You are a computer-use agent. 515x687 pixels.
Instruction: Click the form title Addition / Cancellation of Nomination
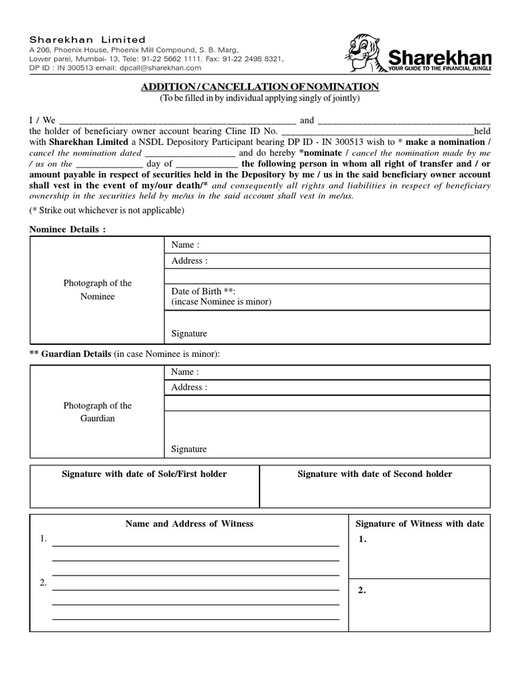260,87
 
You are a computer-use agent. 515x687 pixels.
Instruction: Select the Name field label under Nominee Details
185,245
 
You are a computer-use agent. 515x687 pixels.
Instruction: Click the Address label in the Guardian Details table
189,387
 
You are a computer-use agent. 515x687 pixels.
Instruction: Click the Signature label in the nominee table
189,333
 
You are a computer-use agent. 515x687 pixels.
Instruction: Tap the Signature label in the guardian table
189,449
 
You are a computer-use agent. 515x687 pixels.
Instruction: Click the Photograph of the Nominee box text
97,290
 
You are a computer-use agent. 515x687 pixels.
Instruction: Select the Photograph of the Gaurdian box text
97,412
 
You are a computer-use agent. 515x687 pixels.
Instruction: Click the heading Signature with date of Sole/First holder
144,474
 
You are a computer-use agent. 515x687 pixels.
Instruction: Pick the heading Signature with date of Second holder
375,474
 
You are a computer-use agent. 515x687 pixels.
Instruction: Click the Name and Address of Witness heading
189,523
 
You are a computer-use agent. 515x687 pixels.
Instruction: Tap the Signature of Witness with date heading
419,523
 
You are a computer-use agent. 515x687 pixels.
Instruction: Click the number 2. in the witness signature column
362,590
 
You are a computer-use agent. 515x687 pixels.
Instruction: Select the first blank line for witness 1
195,545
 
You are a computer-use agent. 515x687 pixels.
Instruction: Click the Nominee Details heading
67,229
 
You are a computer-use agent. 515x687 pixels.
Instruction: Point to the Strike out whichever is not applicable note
106,210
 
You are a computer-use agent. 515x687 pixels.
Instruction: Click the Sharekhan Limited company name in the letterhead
87,40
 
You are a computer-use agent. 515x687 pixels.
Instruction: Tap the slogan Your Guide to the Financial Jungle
440,68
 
